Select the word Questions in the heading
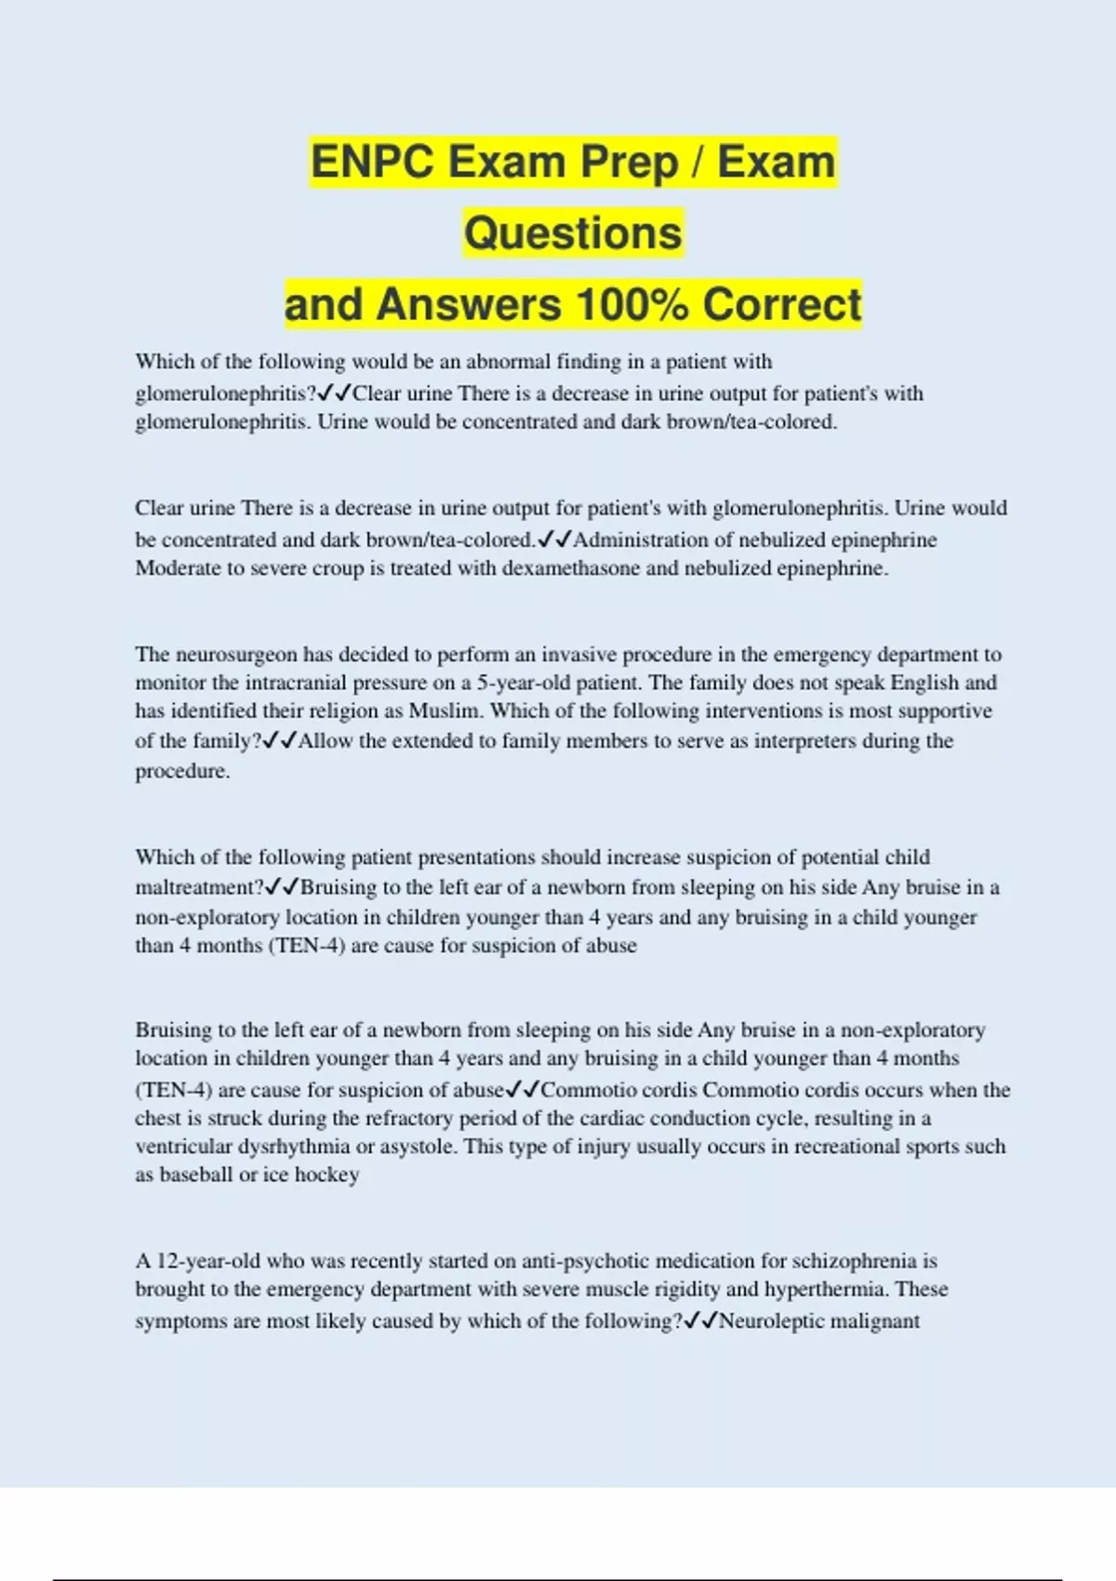[x=573, y=233]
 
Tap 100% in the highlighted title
[x=632, y=305]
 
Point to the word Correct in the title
[x=782, y=305]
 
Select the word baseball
[x=196, y=1175]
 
